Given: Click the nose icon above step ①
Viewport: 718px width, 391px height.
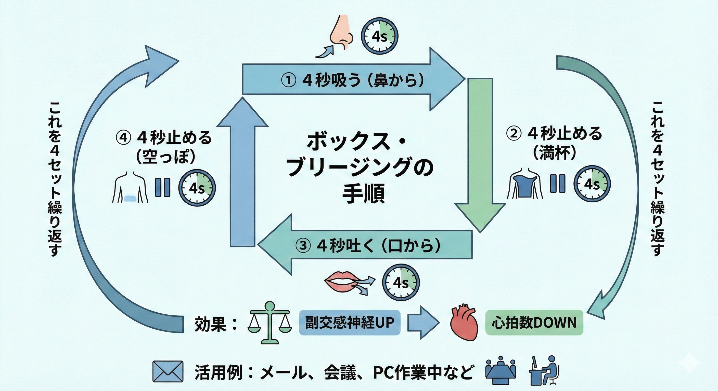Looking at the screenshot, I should click(x=341, y=33).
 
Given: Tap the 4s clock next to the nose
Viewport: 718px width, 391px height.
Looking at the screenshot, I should click(x=380, y=36).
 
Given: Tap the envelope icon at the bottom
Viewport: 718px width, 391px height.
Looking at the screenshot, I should click(x=168, y=371).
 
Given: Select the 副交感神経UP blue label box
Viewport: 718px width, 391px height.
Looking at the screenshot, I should click(x=350, y=323).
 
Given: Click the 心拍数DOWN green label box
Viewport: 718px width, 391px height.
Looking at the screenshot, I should click(x=534, y=323).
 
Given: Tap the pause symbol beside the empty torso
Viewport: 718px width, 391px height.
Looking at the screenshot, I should click(x=162, y=188).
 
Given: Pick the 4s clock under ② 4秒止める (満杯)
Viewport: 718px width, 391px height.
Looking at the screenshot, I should click(x=592, y=184).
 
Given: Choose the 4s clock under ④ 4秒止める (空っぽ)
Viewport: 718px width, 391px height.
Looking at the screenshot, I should click(x=197, y=188).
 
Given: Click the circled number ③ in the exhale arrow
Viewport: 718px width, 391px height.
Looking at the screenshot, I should click(x=303, y=245).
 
